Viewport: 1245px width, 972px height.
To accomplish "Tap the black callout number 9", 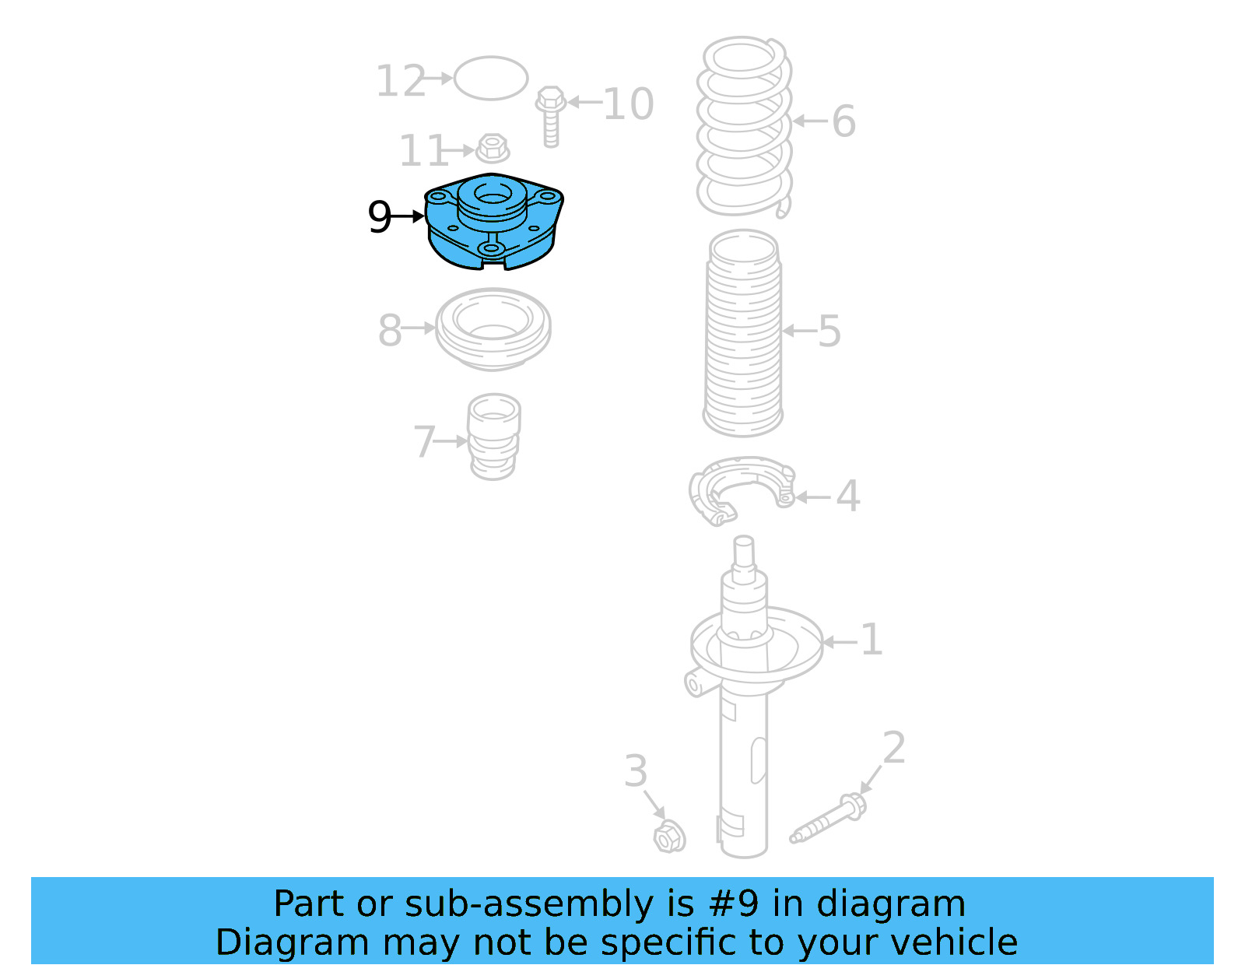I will coord(379,217).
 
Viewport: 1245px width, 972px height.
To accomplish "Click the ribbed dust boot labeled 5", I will coord(743,335).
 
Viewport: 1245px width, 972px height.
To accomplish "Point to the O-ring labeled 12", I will coord(491,78).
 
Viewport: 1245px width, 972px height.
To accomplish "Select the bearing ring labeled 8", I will coord(493,328).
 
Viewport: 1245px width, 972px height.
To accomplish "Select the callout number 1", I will coord(871,640).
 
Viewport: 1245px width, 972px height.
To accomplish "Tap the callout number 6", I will coord(843,121).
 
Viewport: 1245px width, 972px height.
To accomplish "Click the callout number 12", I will coord(401,81).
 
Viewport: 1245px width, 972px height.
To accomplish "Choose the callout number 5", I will coord(829,332).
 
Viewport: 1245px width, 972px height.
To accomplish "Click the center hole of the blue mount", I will coord(491,195).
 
